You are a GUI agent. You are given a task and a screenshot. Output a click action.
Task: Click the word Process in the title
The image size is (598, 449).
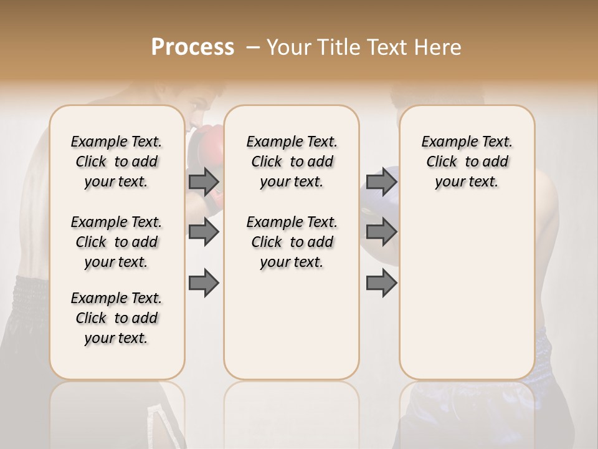click(x=192, y=47)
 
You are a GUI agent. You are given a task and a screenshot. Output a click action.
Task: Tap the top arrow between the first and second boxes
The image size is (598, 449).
click(x=204, y=181)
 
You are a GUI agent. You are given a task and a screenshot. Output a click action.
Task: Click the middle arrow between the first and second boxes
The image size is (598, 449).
click(x=204, y=233)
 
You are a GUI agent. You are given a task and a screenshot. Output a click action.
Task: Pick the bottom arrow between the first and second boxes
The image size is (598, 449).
click(x=204, y=283)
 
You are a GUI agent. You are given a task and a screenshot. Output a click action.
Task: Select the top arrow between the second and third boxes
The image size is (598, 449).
click(x=381, y=181)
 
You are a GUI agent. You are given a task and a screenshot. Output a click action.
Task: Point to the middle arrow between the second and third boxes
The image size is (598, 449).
click(x=381, y=233)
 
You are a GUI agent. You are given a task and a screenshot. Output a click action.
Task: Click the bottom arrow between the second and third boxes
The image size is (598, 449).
click(x=381, y=283)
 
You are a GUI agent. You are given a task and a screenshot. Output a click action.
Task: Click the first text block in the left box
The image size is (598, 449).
click(x=116, y=162)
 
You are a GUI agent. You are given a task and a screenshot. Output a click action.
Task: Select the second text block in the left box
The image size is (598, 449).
click(x=116, y=242)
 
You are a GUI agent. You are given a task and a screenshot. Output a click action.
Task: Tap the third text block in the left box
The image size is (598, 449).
click(x=116, y=318)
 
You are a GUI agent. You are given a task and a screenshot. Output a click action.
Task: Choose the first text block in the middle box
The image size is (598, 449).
click(x=292, y=162)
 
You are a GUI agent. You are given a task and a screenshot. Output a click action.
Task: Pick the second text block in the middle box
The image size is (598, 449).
click(x=292, y=242)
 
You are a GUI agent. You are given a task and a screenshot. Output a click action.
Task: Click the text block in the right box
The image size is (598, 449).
click(x=467, y=162)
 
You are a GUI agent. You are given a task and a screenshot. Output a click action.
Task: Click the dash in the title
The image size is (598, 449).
click(x=254, y=47)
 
